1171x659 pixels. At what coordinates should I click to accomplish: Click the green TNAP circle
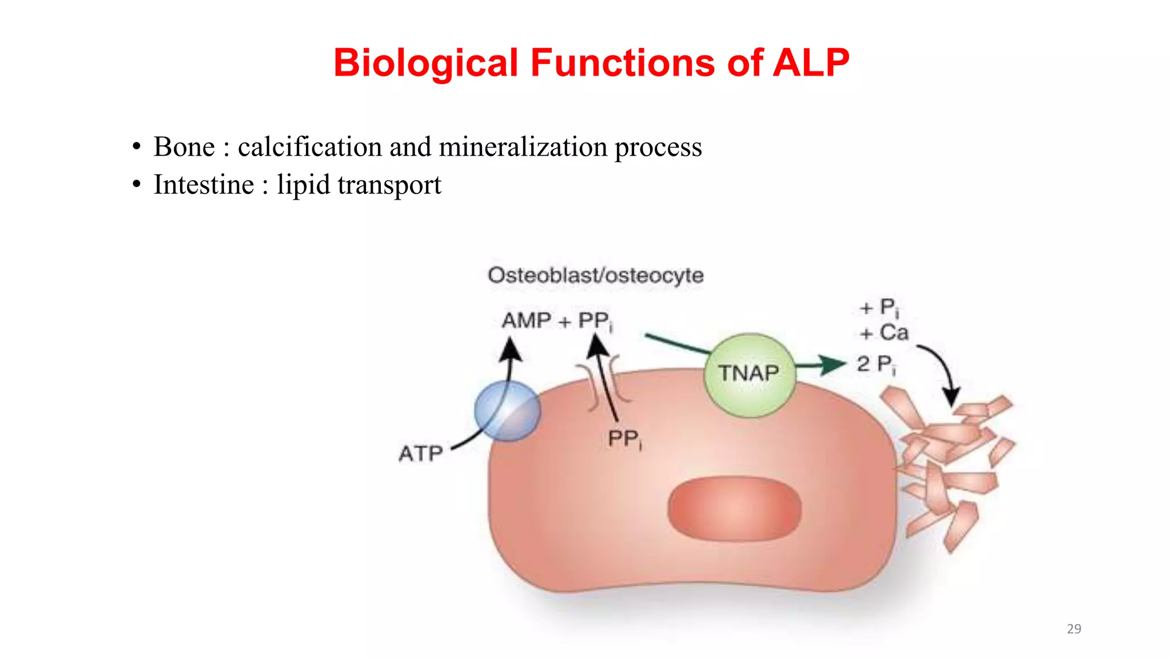pos(749,375)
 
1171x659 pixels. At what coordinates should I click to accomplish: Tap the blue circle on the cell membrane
pos(507,411)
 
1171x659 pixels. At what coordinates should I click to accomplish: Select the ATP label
pos(421,454)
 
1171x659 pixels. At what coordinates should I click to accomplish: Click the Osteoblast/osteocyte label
pos(595,275)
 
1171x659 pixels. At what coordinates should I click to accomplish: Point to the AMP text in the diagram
pos(526,321)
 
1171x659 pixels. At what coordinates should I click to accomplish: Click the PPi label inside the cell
pos(624,439)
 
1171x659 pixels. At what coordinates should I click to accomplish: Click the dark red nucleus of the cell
pos(734,509)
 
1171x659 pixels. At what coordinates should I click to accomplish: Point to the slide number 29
pos(1074,629)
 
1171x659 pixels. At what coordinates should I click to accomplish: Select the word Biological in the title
pos(426,63)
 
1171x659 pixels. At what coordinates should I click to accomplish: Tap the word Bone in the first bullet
pos(184,147)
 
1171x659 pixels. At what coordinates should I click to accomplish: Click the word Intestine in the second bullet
pos(204,185)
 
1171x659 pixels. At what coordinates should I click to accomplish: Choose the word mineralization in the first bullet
pos(523,147)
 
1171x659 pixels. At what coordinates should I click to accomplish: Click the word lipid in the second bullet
pos(304,185)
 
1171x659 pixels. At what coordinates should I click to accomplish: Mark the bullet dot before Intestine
pos(136,184)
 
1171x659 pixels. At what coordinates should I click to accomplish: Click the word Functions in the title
pos(623,62)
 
